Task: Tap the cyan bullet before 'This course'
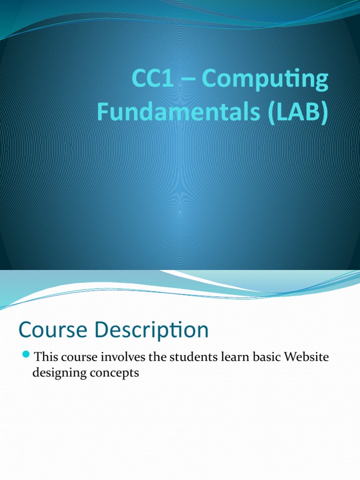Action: (26, 353)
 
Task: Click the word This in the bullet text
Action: (46, 357)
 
